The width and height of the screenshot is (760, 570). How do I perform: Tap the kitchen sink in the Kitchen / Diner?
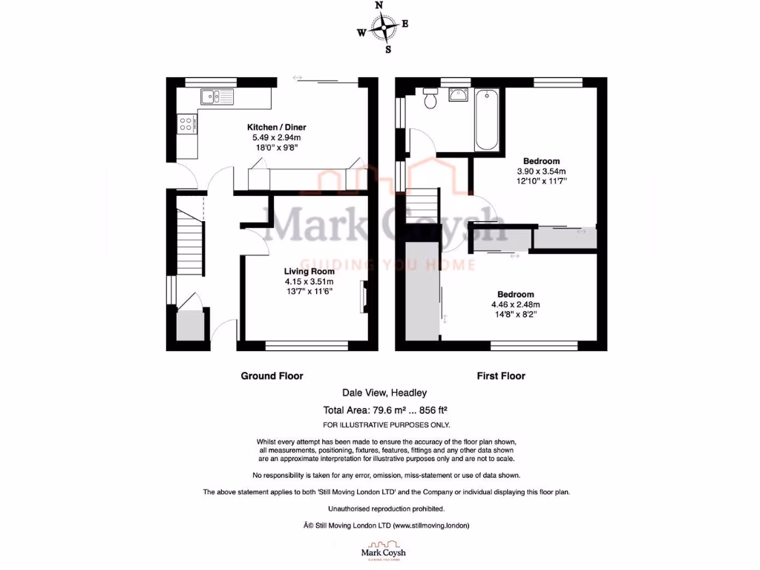(x=215, y=96)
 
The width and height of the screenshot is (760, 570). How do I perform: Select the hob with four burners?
(x=186, y=124)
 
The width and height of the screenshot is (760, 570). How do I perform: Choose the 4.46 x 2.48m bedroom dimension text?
(x=514, y=304)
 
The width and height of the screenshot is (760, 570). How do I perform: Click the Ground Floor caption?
(x=272, y=376)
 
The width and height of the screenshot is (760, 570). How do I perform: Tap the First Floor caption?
(x=500, y=376)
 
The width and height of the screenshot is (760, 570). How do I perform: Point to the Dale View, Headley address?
(x=384, y=393)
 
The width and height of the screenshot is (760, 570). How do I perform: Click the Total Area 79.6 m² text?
(x=384, y=410)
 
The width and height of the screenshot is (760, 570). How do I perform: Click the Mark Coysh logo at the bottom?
(x=383, y=554)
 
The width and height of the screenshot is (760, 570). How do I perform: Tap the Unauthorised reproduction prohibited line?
(x=386, y=508)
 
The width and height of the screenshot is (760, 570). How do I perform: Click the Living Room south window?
(x=307, y=344)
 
